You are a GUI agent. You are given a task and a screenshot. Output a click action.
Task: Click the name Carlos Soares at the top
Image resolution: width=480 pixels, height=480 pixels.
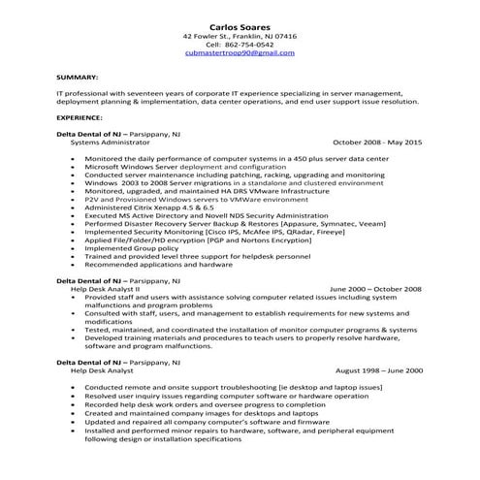tap(240, 24)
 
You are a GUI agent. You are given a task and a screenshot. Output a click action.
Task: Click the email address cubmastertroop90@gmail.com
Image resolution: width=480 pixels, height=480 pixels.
tap(240, 54)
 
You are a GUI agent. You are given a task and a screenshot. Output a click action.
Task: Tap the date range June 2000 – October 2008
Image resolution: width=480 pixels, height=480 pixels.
tap(376, 288)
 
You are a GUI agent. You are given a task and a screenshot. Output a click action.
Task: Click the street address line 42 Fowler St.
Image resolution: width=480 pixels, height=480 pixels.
tap(240, 35)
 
